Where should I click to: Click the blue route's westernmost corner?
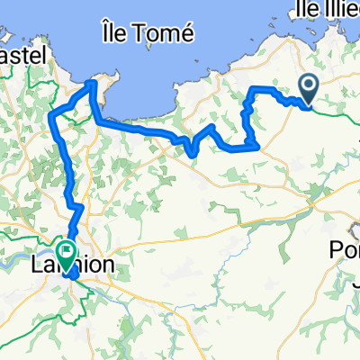click(51, 114)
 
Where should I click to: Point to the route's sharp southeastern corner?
click(259, 144)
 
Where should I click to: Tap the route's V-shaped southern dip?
click(194, 153)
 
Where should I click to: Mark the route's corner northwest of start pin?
click(252, 88)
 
